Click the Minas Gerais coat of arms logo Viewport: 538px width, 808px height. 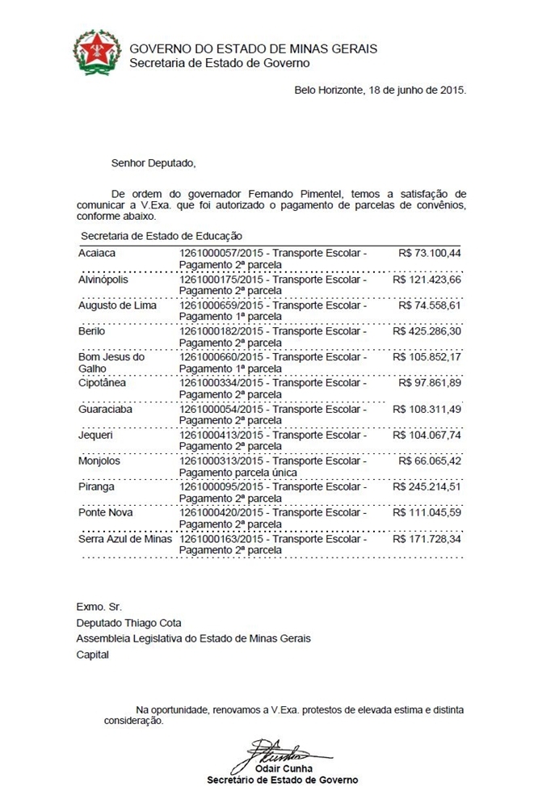coord(97,53)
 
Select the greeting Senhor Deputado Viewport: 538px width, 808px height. coord(153,163)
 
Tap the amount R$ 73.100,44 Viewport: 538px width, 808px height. coord(430,254)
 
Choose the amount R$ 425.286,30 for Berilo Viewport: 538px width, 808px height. coord(427,331)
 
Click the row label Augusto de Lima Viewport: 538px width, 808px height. coord(117,305)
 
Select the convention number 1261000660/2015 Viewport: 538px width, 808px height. coord(224,357)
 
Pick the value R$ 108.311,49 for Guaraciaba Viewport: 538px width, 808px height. coord(427,409)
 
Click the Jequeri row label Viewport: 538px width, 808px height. coord(95,435)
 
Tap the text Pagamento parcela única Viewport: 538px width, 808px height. coord(238,472)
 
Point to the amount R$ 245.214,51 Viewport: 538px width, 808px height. coord(427,486)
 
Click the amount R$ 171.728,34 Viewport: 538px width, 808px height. coord(427,538)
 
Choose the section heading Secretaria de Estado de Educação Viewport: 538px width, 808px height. coord(162,236)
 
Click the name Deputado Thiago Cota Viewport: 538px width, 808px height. coord(129,623)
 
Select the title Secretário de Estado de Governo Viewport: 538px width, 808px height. coord(282,780)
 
